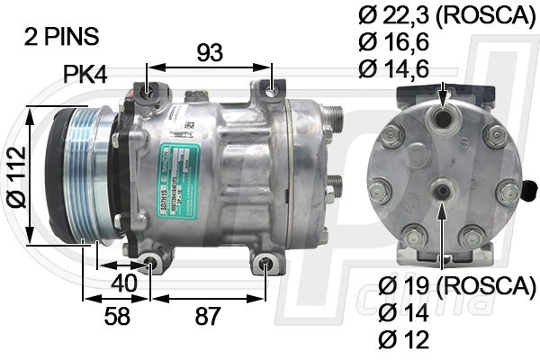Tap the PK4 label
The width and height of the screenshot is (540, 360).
click(85, 75)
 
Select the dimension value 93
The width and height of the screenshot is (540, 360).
click(209, 53)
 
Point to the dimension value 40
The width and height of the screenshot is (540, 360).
click(125, 282)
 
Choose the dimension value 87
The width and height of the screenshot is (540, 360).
click(208, 317)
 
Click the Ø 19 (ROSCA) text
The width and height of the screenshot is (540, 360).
click(456, 285)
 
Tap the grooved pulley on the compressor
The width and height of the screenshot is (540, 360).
click(81, 175)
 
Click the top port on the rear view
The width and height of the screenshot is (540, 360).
click(442, 116)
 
